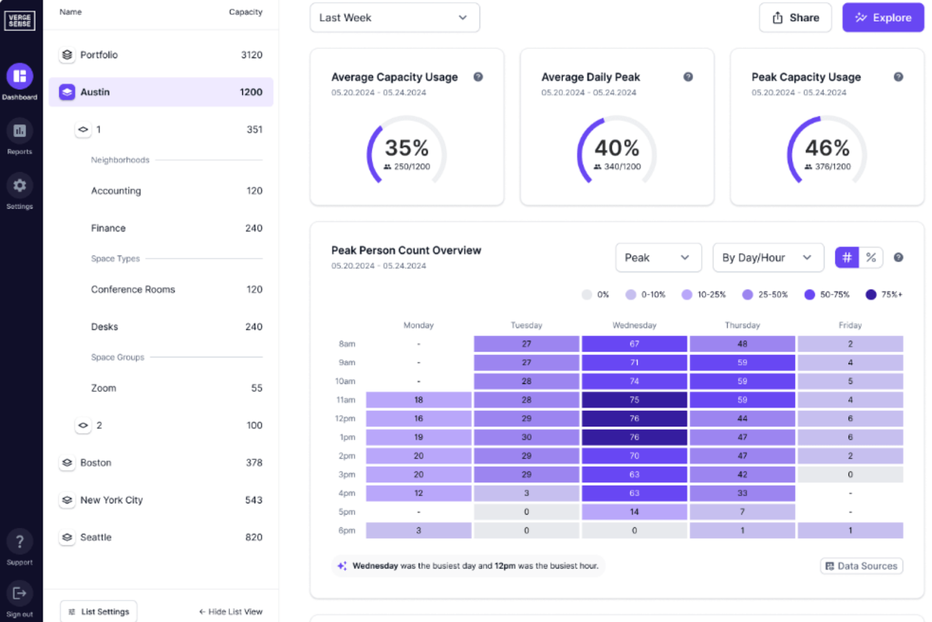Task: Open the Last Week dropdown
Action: click(x=394, y=17)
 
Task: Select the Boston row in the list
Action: click(x=160, y=462)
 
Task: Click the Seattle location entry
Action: click(x=160, y=537)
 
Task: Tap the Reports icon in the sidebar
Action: click(x=20, y=131)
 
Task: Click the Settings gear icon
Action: click(x=20, y=186)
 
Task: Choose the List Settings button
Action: click(x=98, y=612)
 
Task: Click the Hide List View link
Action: click(x=231, y=612)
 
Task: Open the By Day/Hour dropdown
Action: click(x=767, y=257)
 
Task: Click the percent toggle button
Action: click(x=871, y=257)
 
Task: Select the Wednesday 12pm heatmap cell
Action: click(x=634, y=418)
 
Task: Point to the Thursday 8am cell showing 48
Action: click(x=742, y=344)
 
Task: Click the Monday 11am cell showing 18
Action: click(x=418, y=400)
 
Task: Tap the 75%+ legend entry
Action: click(x=883, y=295)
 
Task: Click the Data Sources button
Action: click(x=861, y=566)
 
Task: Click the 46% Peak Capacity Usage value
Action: click(x=827, y=148)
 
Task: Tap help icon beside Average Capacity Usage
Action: click(x=478, y=77)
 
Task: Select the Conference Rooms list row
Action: click(x=160, y=289)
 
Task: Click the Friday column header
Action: click(x=849, y=325)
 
